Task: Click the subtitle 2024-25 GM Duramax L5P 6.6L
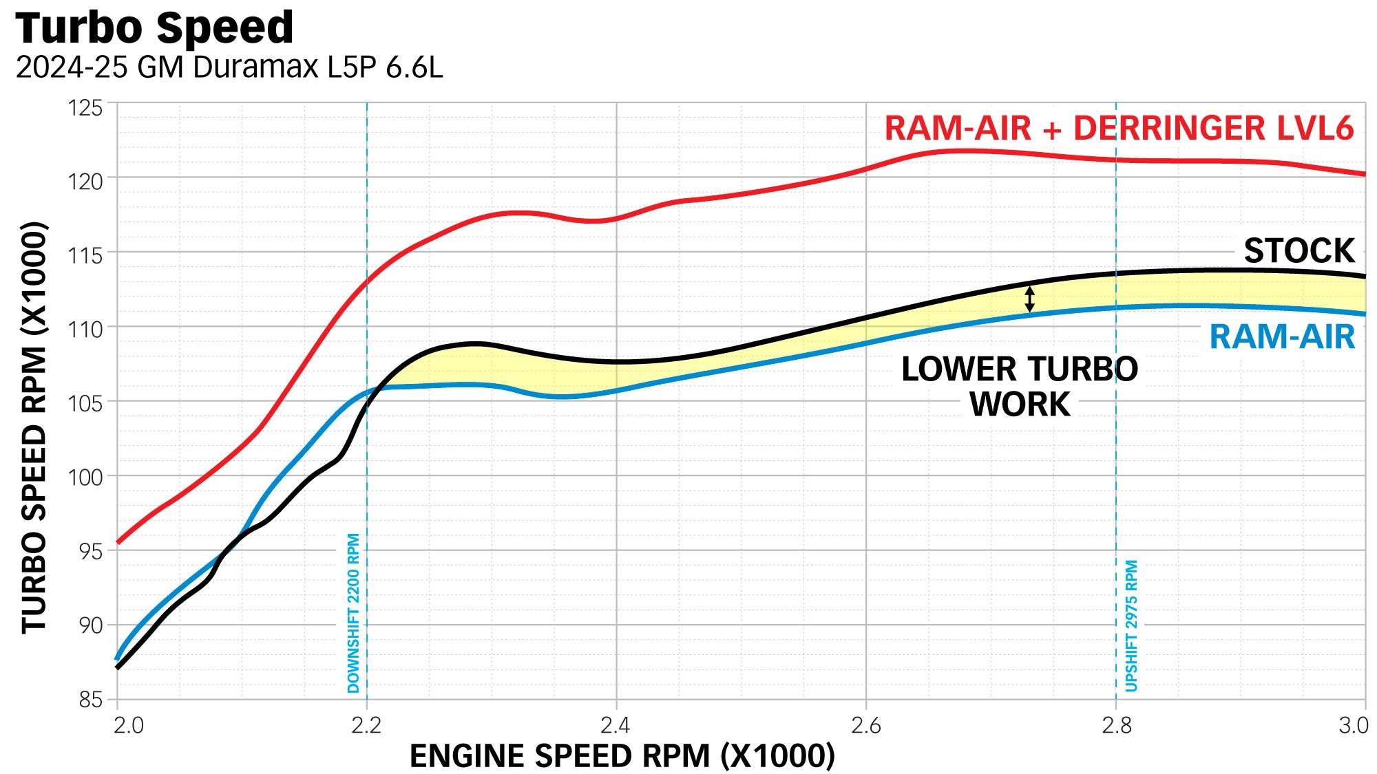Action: (x=229, y=67)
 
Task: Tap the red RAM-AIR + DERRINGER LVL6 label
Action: (x=1119, y=129)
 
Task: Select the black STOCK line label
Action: (x=1299, y=250)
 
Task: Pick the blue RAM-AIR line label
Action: (x=1282, y=337)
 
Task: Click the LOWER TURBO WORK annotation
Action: (x=1020, y=387)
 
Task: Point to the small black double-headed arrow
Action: (x=1029, y=299)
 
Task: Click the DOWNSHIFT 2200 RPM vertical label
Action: (x=353, y=613)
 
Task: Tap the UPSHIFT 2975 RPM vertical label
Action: (x=1131, y=625)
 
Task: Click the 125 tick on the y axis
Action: (x=85, y=108)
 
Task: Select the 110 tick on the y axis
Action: (x=85, y=330)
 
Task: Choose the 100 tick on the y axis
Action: (x=85, y=477)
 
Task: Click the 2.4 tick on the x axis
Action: (x=615, y=725)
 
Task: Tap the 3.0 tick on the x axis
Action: (x=1353, y=725)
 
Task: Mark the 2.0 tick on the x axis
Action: (x=128, y=725)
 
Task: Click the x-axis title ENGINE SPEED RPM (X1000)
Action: (x=622, y=756)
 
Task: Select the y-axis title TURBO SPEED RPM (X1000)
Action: (x=34, y=427)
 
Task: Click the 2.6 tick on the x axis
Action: (x=865, y=725)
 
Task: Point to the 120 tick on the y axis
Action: (x=85, y=182)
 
